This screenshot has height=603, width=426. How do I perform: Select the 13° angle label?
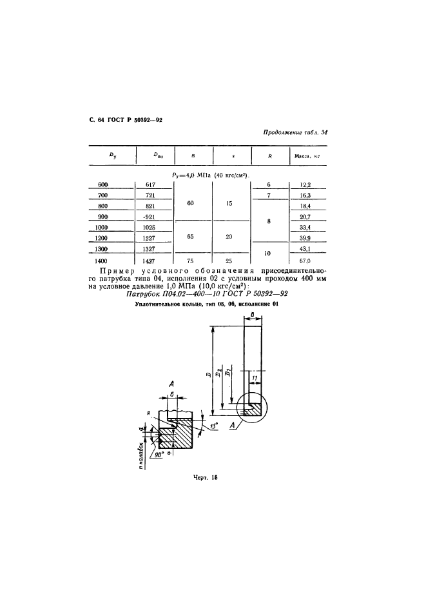[213, 425]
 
